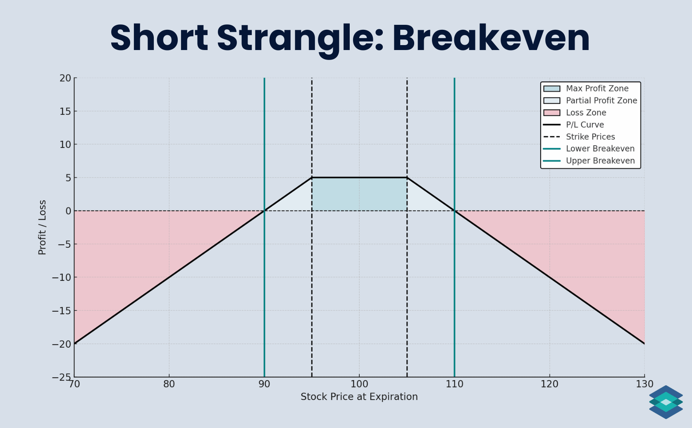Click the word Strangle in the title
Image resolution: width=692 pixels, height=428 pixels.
pos(300,38)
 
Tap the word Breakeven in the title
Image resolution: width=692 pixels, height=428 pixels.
pos(491,38)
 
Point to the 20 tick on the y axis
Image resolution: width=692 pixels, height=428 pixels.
pos(65,78)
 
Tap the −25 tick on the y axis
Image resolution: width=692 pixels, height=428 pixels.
pos(62,377)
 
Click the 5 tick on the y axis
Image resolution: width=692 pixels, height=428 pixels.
pos(68,178)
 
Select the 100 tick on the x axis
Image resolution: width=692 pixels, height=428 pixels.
pos(359,384)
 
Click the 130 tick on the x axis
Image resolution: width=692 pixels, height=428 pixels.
pos(644,384)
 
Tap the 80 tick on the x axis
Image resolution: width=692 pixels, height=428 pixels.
pos(169,384)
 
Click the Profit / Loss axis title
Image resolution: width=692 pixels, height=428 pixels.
pos(42,227)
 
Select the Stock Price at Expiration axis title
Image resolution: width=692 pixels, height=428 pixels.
pos(359,397)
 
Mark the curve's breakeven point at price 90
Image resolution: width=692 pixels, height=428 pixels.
pos(264,211)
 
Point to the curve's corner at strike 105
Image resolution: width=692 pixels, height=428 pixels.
pos(407,178)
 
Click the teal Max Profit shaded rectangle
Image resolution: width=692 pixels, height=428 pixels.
pos(359,194)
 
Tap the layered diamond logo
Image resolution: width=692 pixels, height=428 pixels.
pos(666,402)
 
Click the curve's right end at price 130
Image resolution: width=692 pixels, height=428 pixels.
pos(644,344)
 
